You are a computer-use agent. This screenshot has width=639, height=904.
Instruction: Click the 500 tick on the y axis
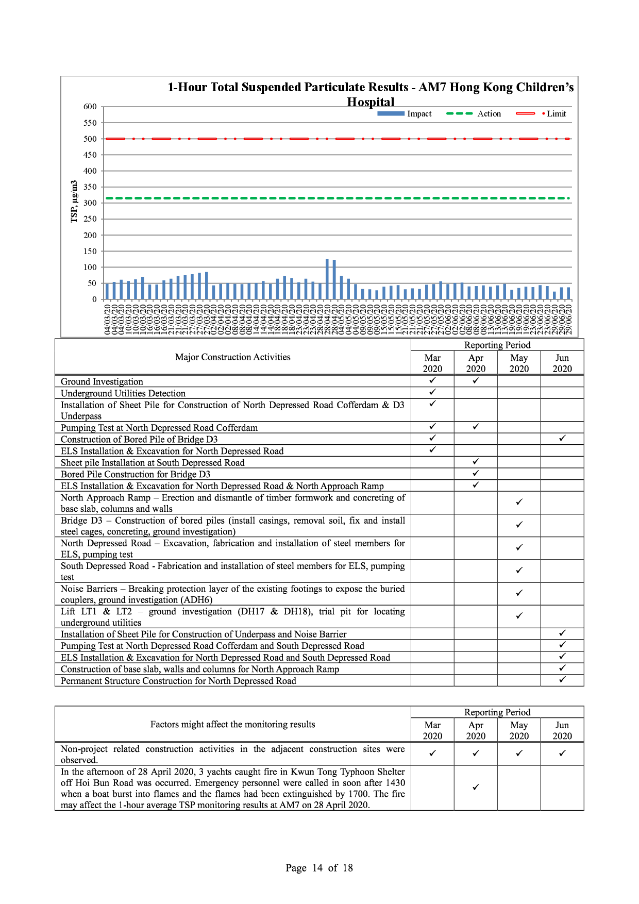(90, 139)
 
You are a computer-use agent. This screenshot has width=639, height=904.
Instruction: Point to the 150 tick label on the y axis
(90, 251)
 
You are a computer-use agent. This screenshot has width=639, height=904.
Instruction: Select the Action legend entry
(474, 114)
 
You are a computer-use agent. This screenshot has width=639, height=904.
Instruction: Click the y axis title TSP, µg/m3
(74, 202)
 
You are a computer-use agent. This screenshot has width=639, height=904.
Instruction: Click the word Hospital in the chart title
(371, 102)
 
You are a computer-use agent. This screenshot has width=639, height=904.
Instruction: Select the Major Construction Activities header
(232, 357)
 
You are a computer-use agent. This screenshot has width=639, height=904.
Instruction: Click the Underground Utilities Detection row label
(123, 393)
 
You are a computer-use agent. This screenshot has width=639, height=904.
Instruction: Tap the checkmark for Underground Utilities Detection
(432, 392)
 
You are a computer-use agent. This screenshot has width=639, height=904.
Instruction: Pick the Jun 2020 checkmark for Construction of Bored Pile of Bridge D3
(562, 438)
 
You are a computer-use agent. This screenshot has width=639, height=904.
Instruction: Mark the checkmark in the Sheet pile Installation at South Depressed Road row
(476, 462)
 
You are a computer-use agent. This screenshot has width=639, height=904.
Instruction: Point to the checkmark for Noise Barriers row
(519, 593)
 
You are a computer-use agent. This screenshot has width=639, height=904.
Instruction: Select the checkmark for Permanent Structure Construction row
(562, 680)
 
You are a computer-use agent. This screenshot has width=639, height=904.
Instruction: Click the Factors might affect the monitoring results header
(232, 724)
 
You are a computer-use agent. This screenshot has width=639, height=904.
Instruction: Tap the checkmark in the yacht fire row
(476, 787)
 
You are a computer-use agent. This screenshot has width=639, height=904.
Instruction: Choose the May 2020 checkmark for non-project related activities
(519, 754)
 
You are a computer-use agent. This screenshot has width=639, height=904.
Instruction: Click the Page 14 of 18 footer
(319, 868)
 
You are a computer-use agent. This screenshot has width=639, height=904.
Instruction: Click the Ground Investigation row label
(102, 381)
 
